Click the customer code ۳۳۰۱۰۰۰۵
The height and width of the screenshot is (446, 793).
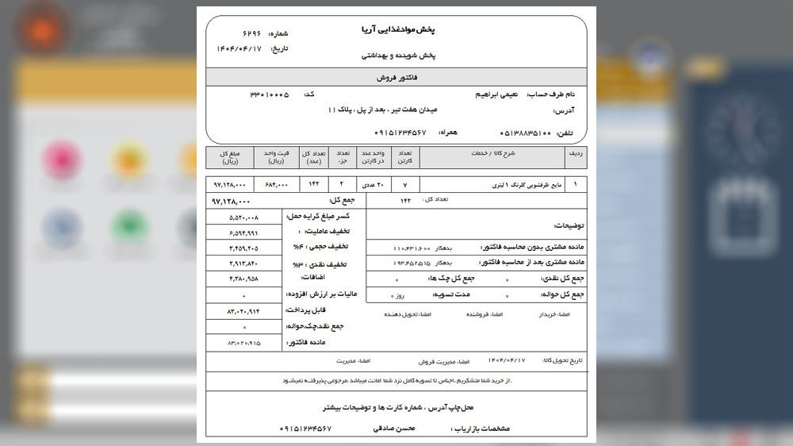[x=269, y=94]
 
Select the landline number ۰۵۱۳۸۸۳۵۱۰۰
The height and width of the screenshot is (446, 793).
[x=526, y=133]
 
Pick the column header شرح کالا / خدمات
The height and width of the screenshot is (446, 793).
[x=496, y=153]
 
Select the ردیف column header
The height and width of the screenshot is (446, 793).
[x=574, y=153]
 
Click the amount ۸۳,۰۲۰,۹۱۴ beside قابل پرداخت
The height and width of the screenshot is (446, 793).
[x=243, y=311]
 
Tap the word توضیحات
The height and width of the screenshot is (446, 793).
[x=569, y=225]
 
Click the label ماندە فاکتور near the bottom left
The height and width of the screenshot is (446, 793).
[x=305, y=343]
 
